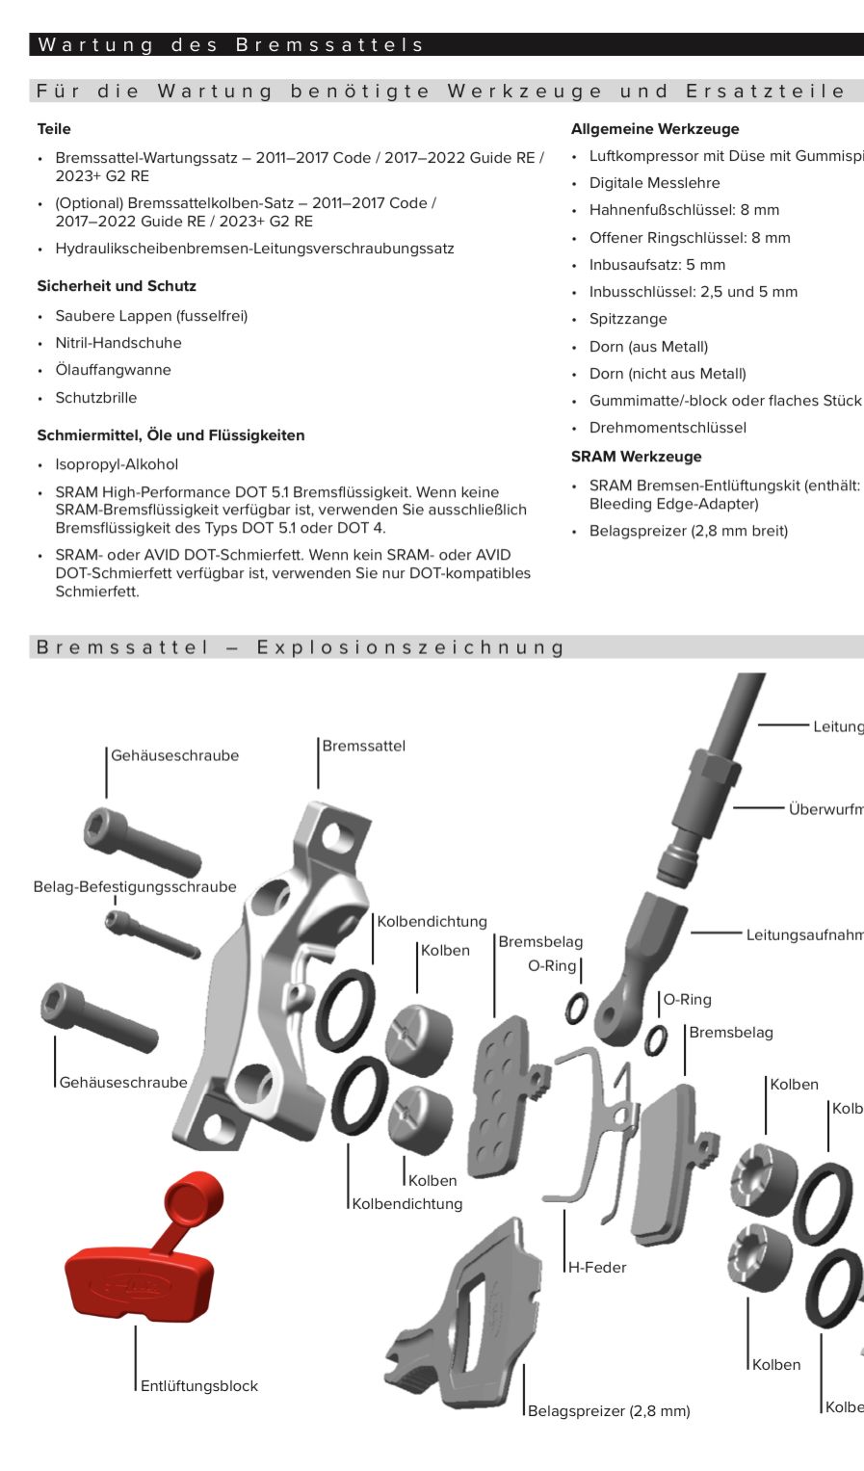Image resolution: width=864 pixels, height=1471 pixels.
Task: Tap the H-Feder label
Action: click(597, 1268)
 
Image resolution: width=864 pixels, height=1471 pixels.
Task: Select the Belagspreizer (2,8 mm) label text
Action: click(609, 1411)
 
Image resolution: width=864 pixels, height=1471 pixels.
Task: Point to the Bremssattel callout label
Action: click(363, 746)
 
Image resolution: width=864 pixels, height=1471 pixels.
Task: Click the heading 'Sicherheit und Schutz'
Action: click(117, 286)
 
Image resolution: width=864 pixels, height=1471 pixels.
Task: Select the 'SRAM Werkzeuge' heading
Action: click(636, 457)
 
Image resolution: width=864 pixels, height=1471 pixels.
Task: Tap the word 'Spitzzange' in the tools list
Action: click(628, 319)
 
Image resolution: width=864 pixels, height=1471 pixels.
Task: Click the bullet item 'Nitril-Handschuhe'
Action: click(118, 343)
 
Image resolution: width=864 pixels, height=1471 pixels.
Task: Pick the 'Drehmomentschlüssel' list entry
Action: click(668, 428)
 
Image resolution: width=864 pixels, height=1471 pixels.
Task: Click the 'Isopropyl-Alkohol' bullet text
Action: click(117, 464)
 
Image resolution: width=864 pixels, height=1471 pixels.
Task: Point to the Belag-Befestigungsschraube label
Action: click(135, 887)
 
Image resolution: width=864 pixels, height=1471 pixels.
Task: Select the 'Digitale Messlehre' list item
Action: click(654, 183)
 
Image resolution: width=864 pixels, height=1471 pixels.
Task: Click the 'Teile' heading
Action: click(54, 129)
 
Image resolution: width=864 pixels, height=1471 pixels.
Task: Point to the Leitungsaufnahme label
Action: click(803, 934)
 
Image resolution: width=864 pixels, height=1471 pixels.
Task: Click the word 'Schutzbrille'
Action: click(96, 398)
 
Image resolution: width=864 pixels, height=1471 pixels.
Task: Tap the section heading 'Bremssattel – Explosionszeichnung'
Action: click(300, 647)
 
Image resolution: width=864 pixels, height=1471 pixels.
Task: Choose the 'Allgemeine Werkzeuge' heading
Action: click(655, 129)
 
